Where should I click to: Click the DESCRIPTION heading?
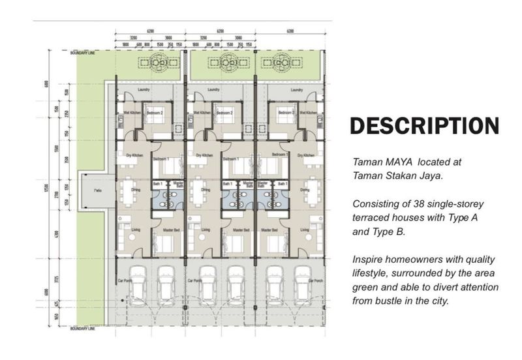coord(425,126)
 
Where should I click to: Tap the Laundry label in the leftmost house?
coord(145,89)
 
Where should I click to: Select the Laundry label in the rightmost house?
coord(296,89)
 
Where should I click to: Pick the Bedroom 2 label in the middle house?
coord(225,112)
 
